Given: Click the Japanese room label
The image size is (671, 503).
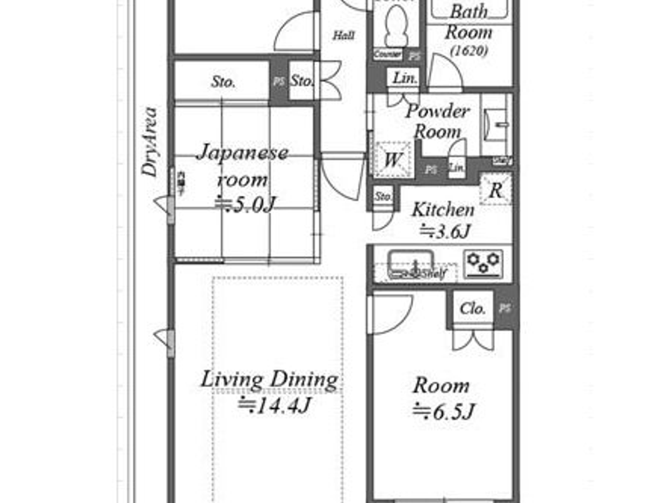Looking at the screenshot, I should coord(243,166).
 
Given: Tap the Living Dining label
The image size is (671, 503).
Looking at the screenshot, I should coord(269,379).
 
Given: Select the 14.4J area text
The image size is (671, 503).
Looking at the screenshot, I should coord(275,406).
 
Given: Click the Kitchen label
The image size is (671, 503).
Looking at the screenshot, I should coord(443,209).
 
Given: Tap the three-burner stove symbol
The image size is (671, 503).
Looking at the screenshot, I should coord(484,263).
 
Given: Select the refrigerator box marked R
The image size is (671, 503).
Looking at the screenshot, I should coord(496,190).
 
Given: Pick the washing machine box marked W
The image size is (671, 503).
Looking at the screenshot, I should coord(393,160).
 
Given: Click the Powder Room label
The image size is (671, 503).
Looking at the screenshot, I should coord(437,121).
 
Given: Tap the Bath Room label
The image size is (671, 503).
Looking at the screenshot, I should coord(468,22).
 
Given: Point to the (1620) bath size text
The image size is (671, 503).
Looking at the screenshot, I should coord(469,50).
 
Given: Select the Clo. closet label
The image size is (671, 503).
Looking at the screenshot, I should coord(472,309).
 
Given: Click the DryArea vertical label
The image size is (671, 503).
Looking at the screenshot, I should coord(150,142).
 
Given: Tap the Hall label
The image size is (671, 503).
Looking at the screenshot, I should coord(344,35).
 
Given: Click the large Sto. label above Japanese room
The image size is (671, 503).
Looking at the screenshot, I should coord(223,82).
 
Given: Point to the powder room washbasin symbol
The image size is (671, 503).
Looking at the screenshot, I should coord(497,125).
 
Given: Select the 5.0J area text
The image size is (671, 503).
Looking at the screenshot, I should coord(245,205).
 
